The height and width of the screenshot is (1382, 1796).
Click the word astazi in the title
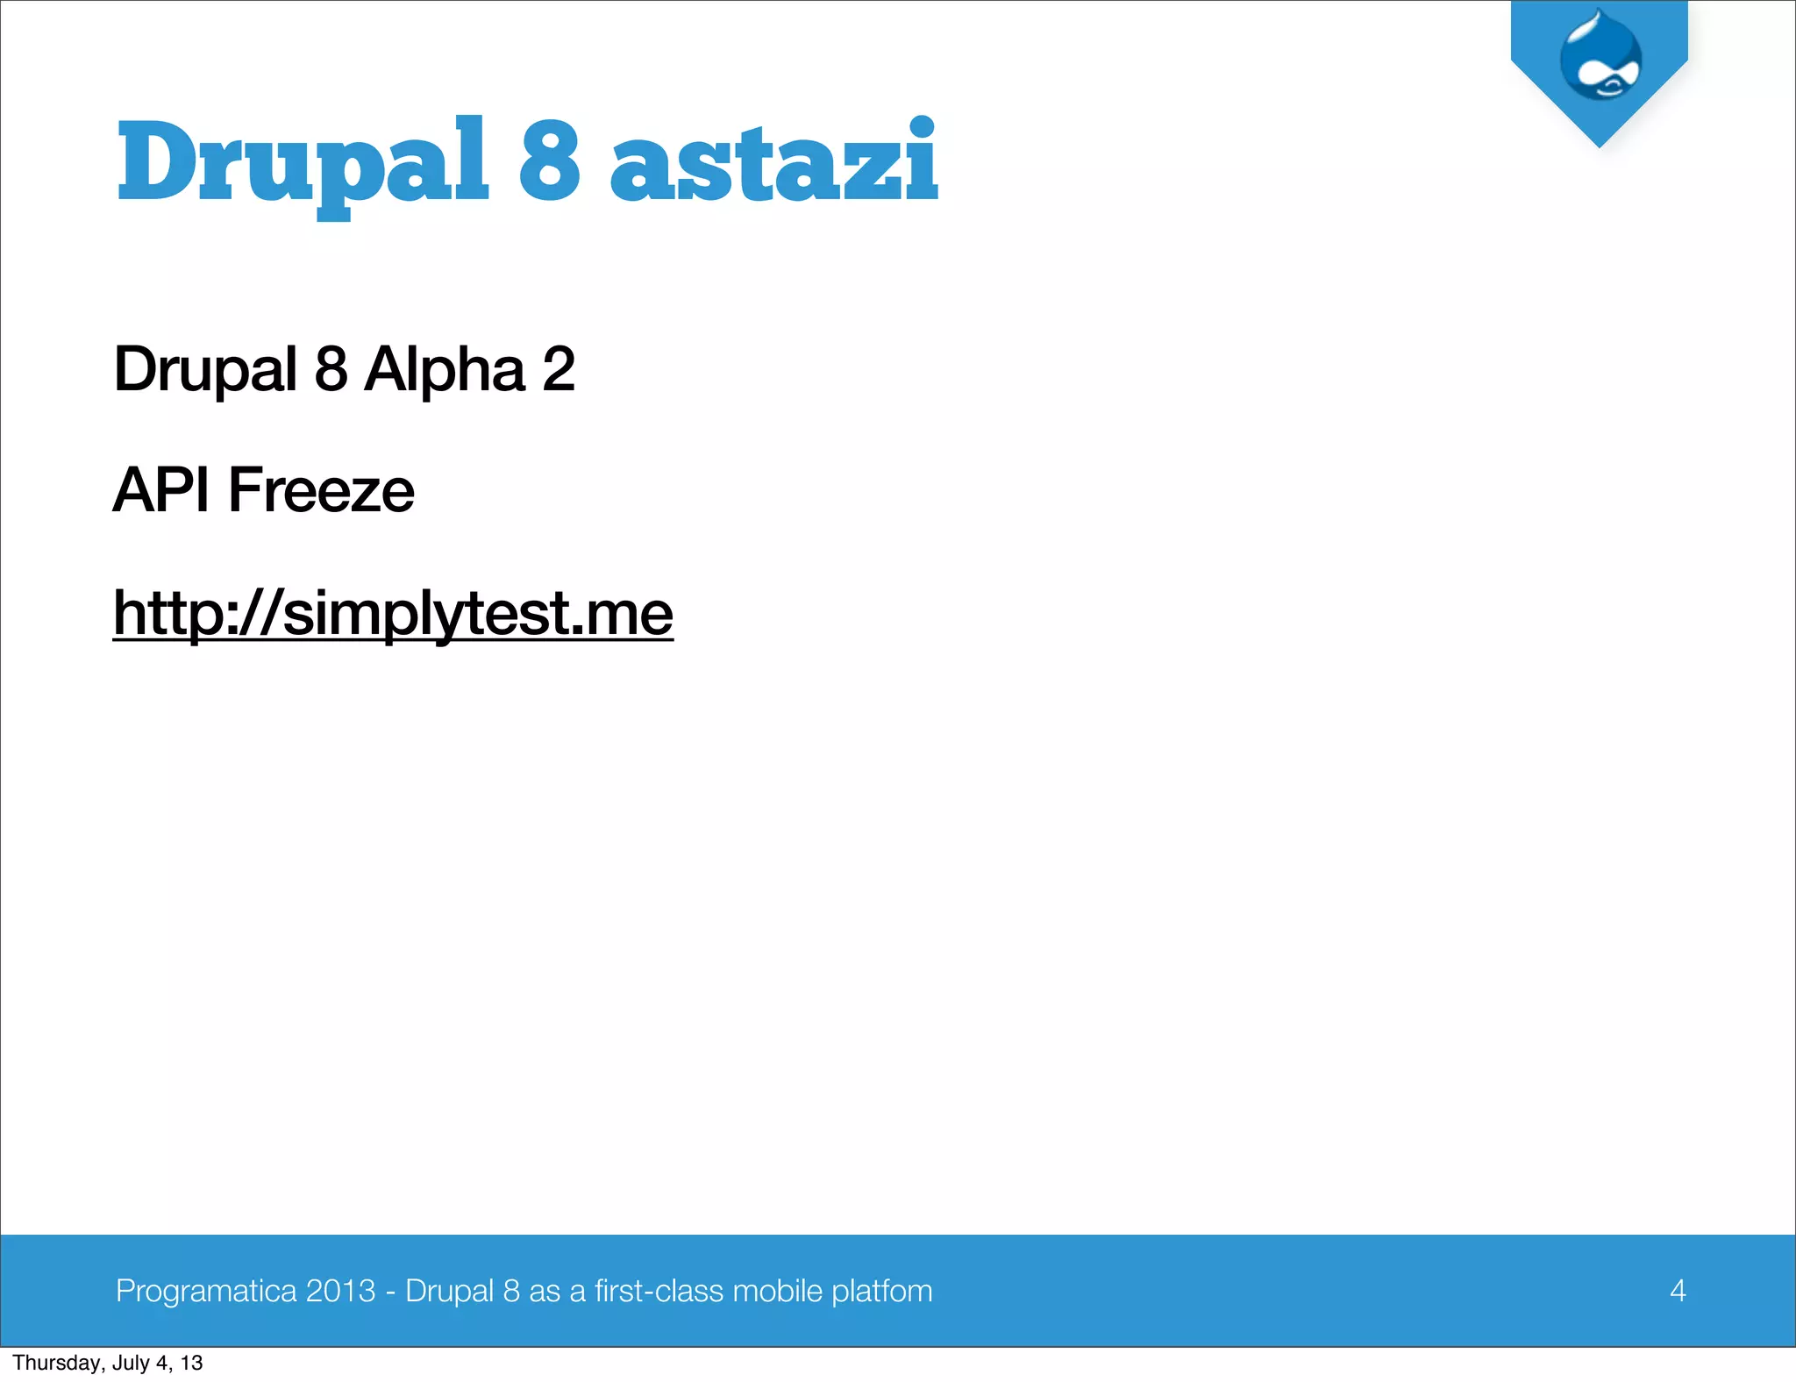773,163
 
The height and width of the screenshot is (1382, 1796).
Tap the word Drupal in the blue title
303,163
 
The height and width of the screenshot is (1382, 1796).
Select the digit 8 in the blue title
550,160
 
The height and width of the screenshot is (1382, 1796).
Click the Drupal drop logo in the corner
1600,57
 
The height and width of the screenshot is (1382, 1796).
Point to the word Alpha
445,368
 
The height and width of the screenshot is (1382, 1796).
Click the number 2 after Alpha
559,368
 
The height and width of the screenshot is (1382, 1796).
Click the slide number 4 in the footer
1678,1291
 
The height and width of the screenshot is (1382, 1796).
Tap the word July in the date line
130,1363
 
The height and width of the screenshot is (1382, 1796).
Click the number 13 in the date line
192,1363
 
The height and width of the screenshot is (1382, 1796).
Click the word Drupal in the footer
449,1291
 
